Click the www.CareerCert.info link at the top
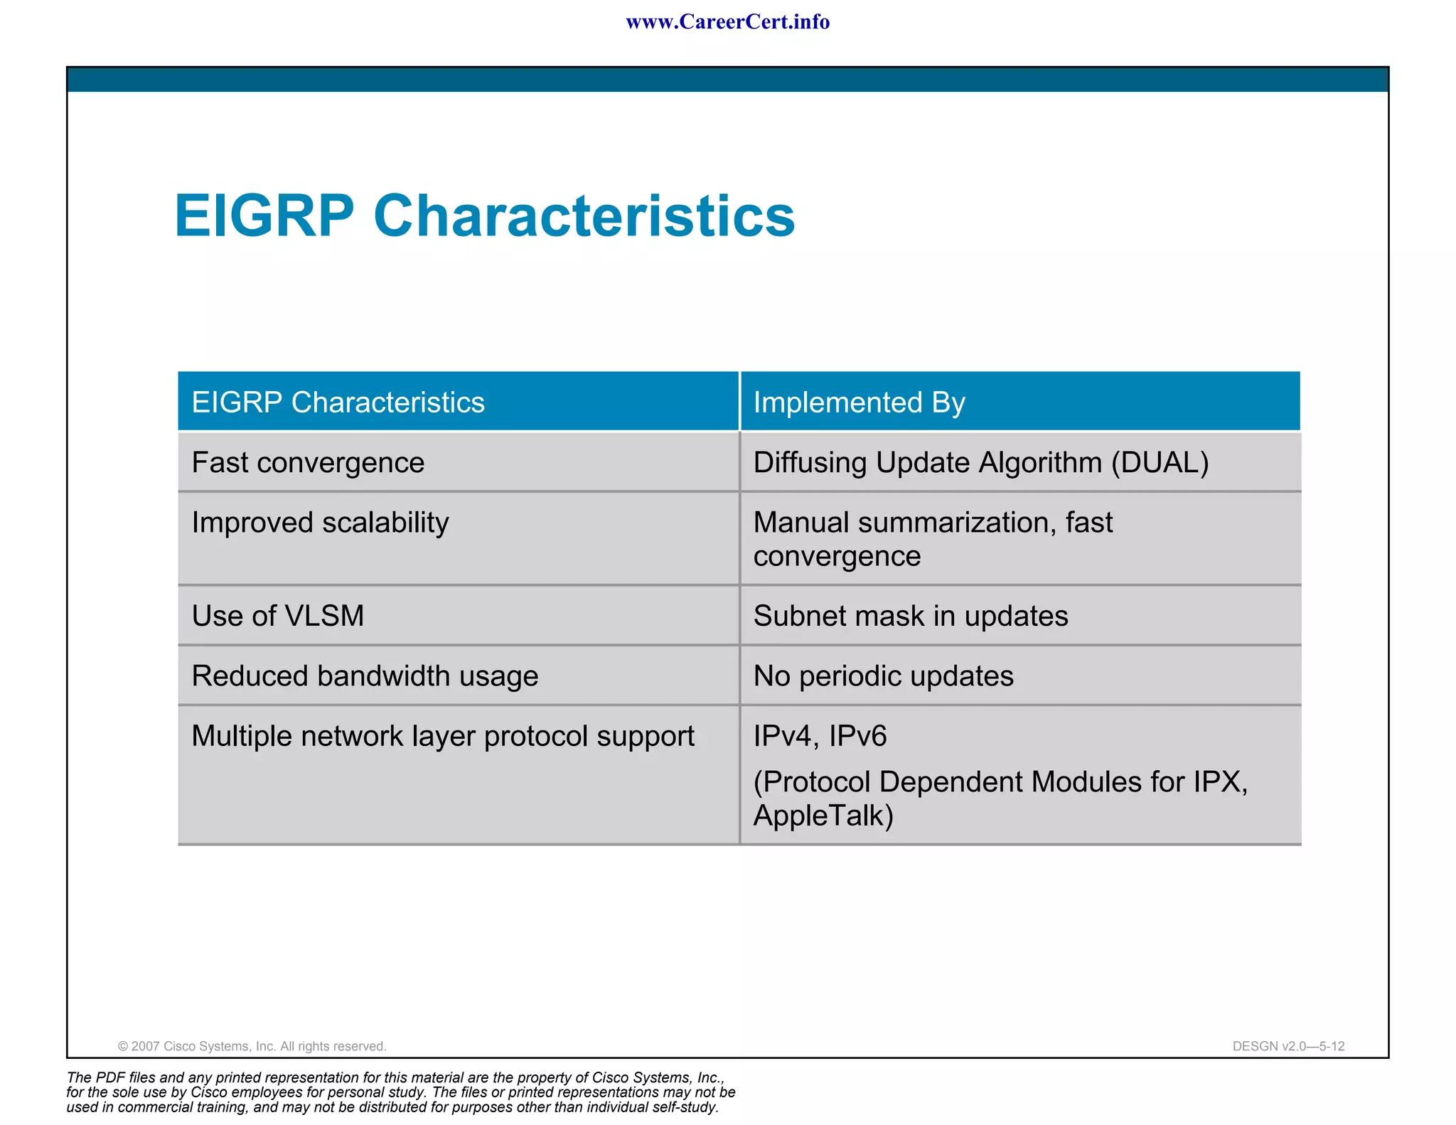727,22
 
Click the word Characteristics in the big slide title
584,216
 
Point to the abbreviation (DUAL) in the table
1160,463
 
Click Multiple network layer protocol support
443,736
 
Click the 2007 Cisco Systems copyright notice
252,1046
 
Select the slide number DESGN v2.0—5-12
1288,1046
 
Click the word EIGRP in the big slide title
264,216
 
